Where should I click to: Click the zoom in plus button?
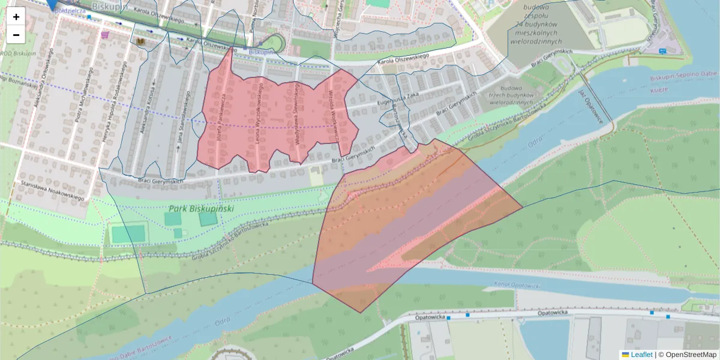click(16, 17)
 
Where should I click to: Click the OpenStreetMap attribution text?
click(691, 355)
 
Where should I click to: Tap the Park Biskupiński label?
click(201, 209)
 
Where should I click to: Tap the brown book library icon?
click(141, 41)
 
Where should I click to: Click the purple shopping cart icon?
click(106, 35)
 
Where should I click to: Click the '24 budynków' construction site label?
click(536, 25)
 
